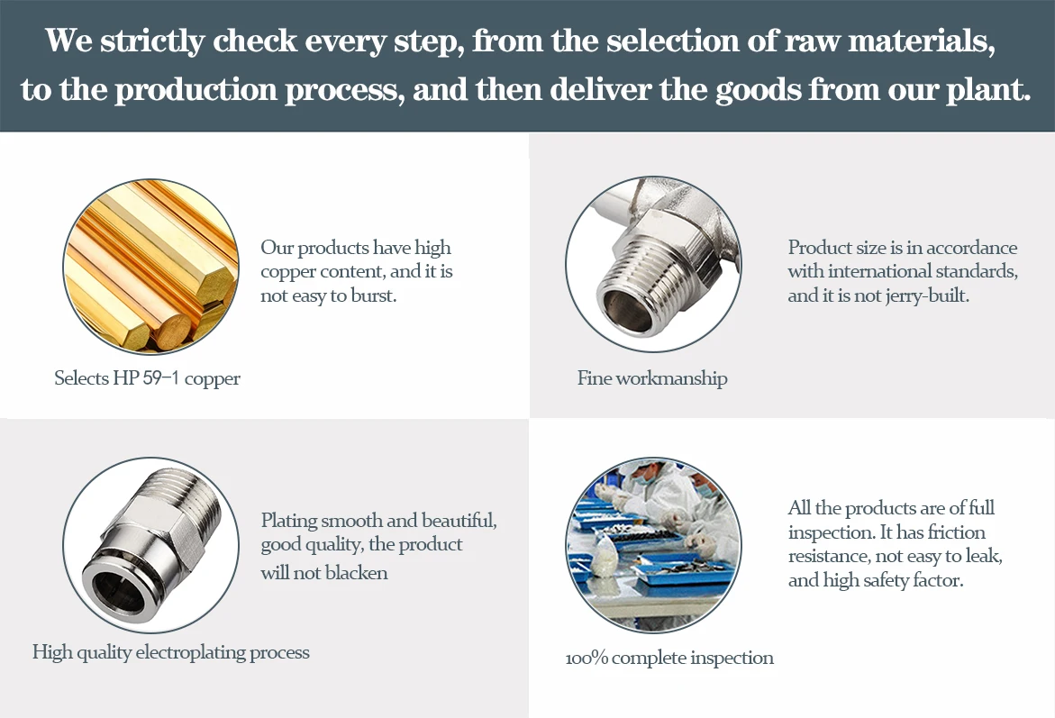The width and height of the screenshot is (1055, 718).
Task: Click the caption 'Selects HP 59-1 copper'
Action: click(147, 378)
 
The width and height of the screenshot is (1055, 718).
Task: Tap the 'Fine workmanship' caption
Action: click(652, 378)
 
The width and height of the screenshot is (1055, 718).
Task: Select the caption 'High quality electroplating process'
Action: click(171, 652)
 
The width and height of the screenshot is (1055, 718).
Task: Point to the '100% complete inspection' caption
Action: click(669, 659)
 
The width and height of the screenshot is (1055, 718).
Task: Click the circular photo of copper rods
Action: click(150, 266)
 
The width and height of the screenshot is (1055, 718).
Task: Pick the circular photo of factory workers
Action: click(653, 544)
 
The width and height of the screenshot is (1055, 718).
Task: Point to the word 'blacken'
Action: click(352, 573)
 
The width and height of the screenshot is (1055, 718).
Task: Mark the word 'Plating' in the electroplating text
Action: click(288, 521)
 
